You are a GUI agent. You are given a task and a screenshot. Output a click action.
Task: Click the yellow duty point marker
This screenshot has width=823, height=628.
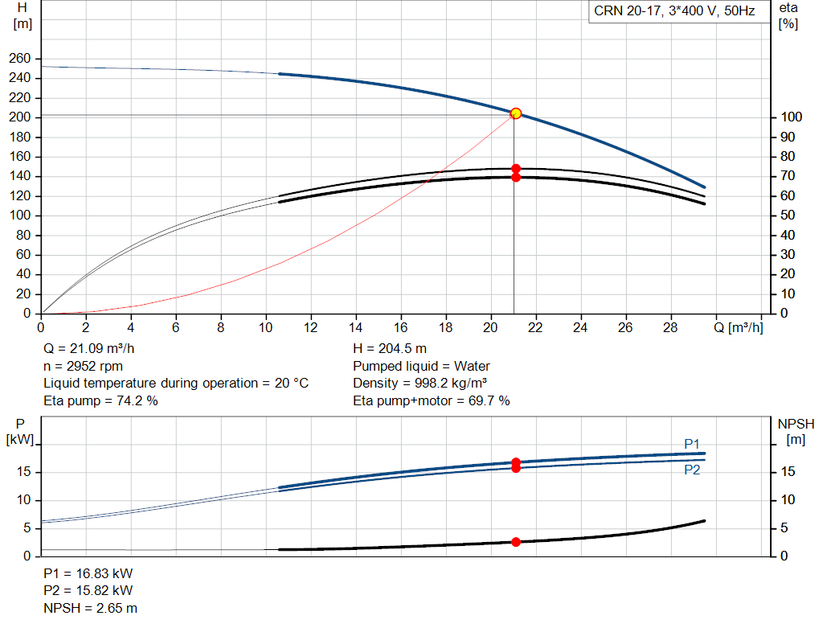coord(516,113)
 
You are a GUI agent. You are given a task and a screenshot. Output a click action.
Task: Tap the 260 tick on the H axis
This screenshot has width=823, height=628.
coord(20,58)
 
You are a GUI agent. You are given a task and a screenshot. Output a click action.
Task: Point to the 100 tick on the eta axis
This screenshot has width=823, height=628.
coord(791,117)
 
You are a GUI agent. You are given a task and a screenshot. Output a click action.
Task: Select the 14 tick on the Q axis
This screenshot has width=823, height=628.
coord(355,327)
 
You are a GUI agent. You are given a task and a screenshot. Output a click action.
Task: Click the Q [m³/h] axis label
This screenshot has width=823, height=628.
coord(738,328)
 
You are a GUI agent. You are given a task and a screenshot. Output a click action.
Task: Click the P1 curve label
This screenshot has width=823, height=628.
coord(692,444)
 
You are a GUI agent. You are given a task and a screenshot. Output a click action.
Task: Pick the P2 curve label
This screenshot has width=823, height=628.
coord(692,470)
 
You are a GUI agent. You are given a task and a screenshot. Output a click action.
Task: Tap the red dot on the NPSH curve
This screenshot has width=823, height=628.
coord(516,542)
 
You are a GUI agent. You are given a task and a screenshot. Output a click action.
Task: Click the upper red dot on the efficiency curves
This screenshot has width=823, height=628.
coord(516,169)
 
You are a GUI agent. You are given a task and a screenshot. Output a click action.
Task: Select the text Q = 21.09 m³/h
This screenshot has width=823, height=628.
coord(89,349)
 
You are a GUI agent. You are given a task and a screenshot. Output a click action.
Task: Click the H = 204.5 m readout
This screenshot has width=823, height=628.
coord(390,349)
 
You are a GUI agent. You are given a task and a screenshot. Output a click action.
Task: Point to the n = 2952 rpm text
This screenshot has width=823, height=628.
coord(83,366)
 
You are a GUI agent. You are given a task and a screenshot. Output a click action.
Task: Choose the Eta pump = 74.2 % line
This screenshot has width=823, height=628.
coord(100,400)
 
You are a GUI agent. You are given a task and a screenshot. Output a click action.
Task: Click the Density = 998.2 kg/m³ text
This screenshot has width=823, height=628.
coord(420,384)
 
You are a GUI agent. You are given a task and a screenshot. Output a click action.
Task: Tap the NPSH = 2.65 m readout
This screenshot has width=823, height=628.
coord(90,608)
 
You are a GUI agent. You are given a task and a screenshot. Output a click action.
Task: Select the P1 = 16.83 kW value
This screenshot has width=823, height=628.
coord(88,573)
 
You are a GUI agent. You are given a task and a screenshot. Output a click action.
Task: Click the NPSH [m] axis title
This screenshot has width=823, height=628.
coord(796,432)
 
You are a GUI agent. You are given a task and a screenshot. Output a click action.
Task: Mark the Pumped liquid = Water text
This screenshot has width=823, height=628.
coord(421,366)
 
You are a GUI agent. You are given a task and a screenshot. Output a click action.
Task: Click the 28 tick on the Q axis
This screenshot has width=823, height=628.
coord(670,327)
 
